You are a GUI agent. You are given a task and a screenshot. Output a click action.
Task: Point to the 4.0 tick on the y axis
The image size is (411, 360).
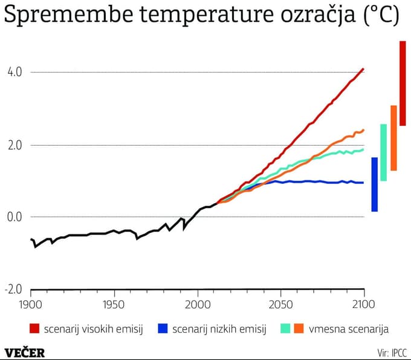14,72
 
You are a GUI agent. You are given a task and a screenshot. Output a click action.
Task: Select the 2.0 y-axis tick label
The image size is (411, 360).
14,145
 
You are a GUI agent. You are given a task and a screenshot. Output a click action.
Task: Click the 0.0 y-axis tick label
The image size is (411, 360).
14,217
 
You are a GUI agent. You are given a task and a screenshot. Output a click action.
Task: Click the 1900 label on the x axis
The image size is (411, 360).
30,303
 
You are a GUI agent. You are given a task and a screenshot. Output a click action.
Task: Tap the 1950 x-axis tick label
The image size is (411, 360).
114,303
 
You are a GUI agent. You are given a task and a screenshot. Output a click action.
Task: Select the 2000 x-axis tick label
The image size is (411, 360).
198,303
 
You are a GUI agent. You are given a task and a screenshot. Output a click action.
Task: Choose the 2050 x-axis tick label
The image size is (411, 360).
280,303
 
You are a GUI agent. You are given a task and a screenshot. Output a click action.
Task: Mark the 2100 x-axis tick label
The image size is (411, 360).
363,303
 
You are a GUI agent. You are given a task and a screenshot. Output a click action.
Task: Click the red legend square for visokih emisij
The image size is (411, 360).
34,329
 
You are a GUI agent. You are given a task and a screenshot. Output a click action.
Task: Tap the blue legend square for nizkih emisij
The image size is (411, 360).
163,329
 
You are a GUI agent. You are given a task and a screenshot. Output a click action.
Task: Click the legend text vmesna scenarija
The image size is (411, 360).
349,329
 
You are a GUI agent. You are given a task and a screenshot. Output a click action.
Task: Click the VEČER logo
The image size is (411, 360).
25,352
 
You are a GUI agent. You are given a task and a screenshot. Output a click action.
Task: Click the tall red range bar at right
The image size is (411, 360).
403,83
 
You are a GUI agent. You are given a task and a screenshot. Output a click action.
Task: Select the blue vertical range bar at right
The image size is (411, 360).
374,185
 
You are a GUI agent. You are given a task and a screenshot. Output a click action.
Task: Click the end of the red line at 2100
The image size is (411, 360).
363,69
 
